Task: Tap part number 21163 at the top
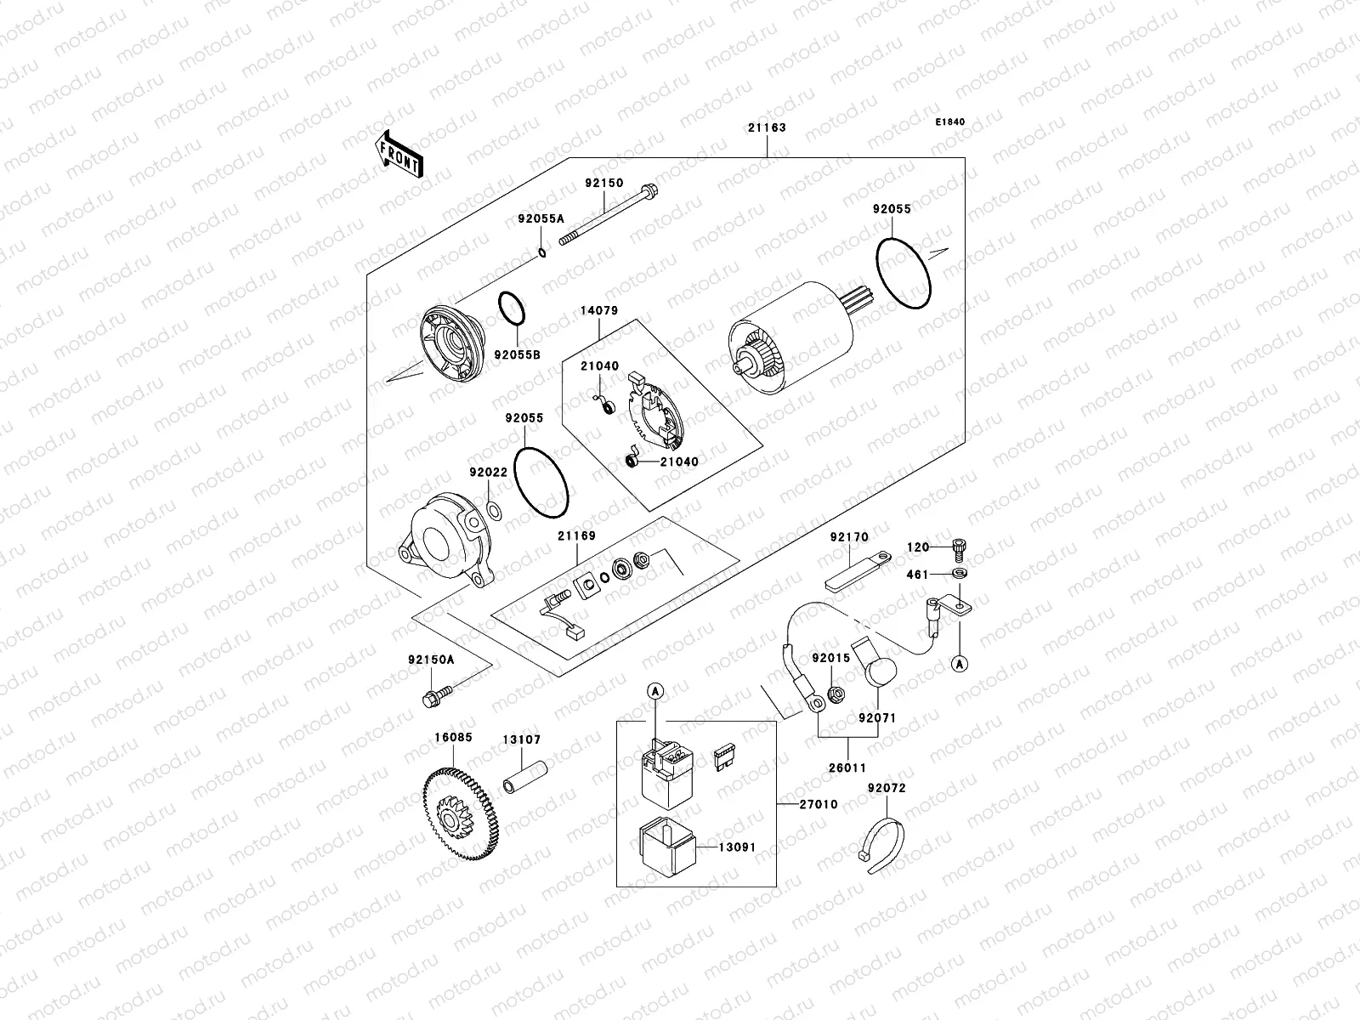coord(767,128)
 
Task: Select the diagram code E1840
coord(950,122)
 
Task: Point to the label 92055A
coord(541,218)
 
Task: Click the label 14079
coord(598,311)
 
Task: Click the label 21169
coord(576,536)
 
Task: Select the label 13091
coord(737,847)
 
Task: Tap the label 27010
coord(819,804)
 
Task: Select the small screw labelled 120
coord(960,550)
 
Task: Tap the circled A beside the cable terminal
coord(959,665)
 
